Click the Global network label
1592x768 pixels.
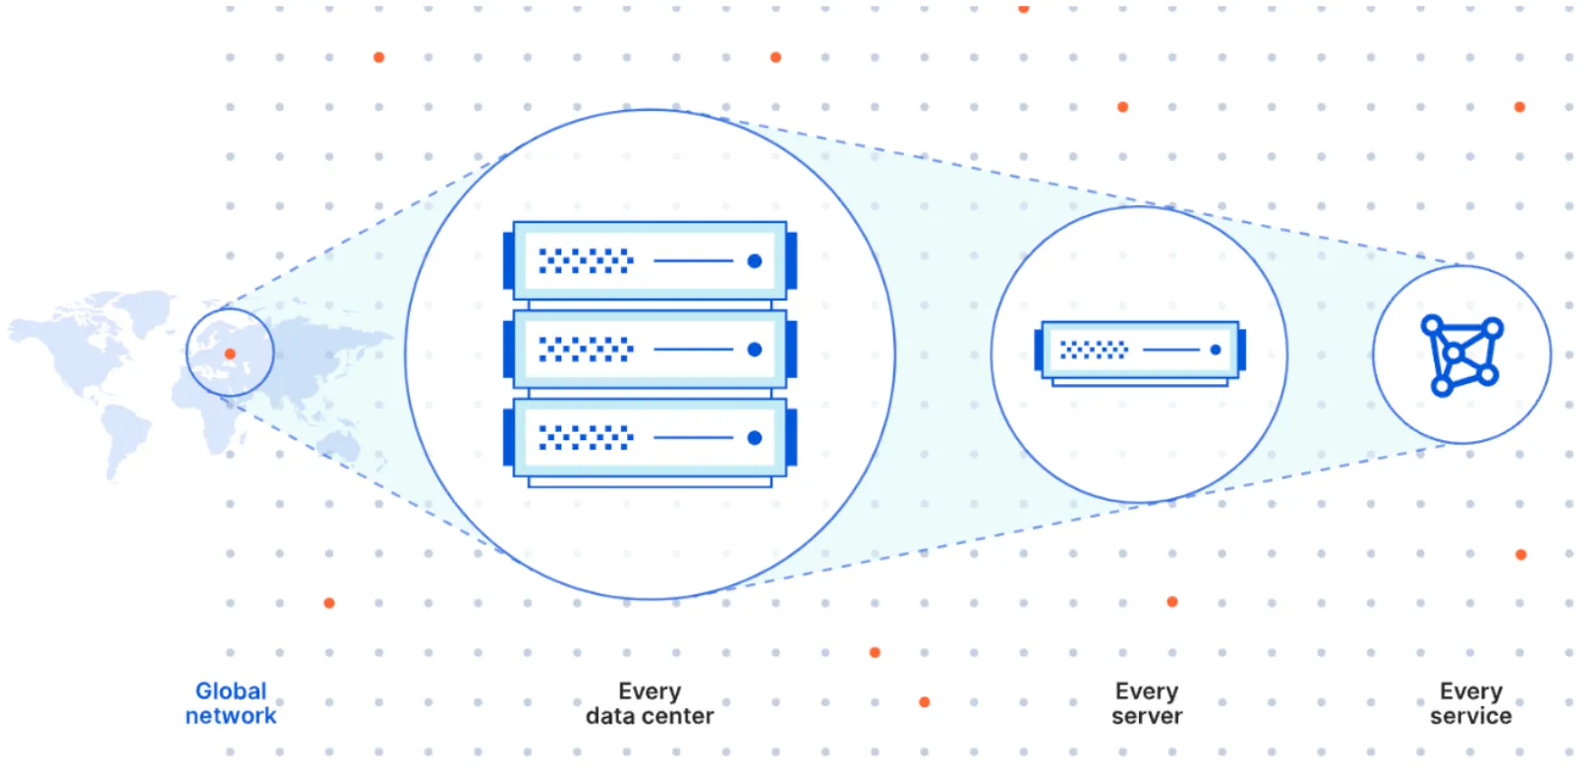[x=231, y=703]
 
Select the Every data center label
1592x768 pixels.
[x=650, y=703]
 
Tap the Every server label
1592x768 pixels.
[x=1147, y=703]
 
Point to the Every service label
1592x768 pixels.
[x=1470, y=703]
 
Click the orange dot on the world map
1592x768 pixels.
[x=230, y=354]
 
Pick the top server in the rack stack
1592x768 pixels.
[x=650, y=260]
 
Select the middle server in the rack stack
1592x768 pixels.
[x=650, y=349]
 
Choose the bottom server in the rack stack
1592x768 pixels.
[x=650, y=438]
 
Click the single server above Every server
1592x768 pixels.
[x=1140, y=351]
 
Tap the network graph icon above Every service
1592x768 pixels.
[x=1461, y=354]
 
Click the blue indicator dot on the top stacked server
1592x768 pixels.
[x=755, y=261]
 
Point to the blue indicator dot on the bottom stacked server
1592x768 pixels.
[x=755, y=438]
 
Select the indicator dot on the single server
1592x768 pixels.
[x=1216, y=350]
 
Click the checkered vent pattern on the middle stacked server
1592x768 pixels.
[x=586, y=350]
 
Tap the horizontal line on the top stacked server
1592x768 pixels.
[x=693, y=261]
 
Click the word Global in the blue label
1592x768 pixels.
[x=231, y=691]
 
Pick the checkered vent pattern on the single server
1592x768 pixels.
[x=1094, y=350]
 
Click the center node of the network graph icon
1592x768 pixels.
[x=1453, y=354]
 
